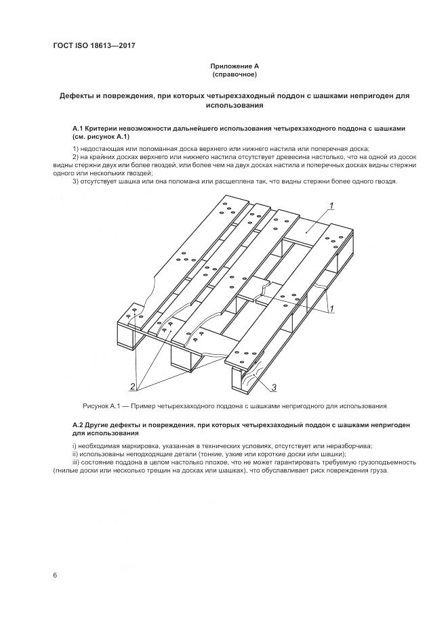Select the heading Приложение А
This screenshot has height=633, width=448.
(x=235, y=66)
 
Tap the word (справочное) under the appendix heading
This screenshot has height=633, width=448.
(x=235, y=74)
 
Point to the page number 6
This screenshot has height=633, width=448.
(x=54, y=575)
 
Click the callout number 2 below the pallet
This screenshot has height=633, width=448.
(x=134, y=386)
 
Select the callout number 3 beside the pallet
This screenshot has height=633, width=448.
(x=273, y=387)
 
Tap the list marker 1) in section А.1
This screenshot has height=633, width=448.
(x=75, y=148)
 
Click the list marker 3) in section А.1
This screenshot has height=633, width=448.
(x=75, y=181)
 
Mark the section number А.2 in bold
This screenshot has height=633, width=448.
(x=79, y=424)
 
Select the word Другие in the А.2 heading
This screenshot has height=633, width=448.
(x=102, y=424)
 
